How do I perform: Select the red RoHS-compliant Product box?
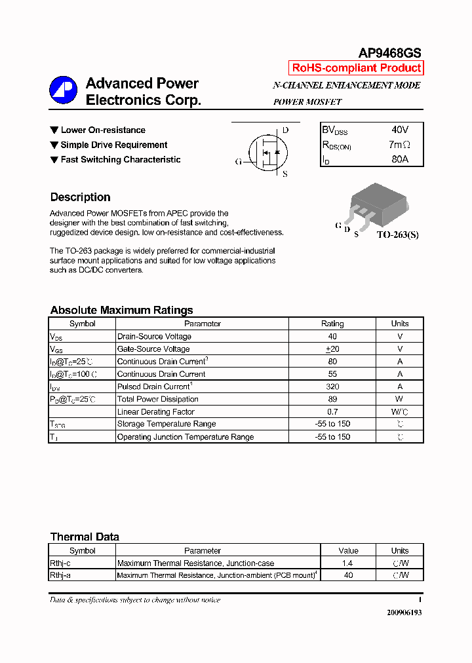(356, 68)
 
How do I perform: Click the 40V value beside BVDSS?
(399, 130)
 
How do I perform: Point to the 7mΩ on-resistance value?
(399, 145)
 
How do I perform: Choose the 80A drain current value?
(399, 159)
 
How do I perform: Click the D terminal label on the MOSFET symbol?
(285, 130)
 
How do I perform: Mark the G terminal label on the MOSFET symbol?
(239, 161)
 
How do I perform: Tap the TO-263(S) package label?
(397, 235)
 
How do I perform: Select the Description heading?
(80, 197)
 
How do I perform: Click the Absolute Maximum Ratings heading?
(121, 311)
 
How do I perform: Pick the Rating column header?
(332, 324)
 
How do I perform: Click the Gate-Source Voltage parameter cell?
(153, 349)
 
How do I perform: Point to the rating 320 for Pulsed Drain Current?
(332, 387)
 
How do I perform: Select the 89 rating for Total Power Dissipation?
(332, 399)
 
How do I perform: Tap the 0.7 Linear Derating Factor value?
(332, 412)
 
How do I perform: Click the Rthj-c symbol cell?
(60, 563)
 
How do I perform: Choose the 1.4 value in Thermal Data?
(348, 563)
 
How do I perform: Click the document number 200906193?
(404, 612)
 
